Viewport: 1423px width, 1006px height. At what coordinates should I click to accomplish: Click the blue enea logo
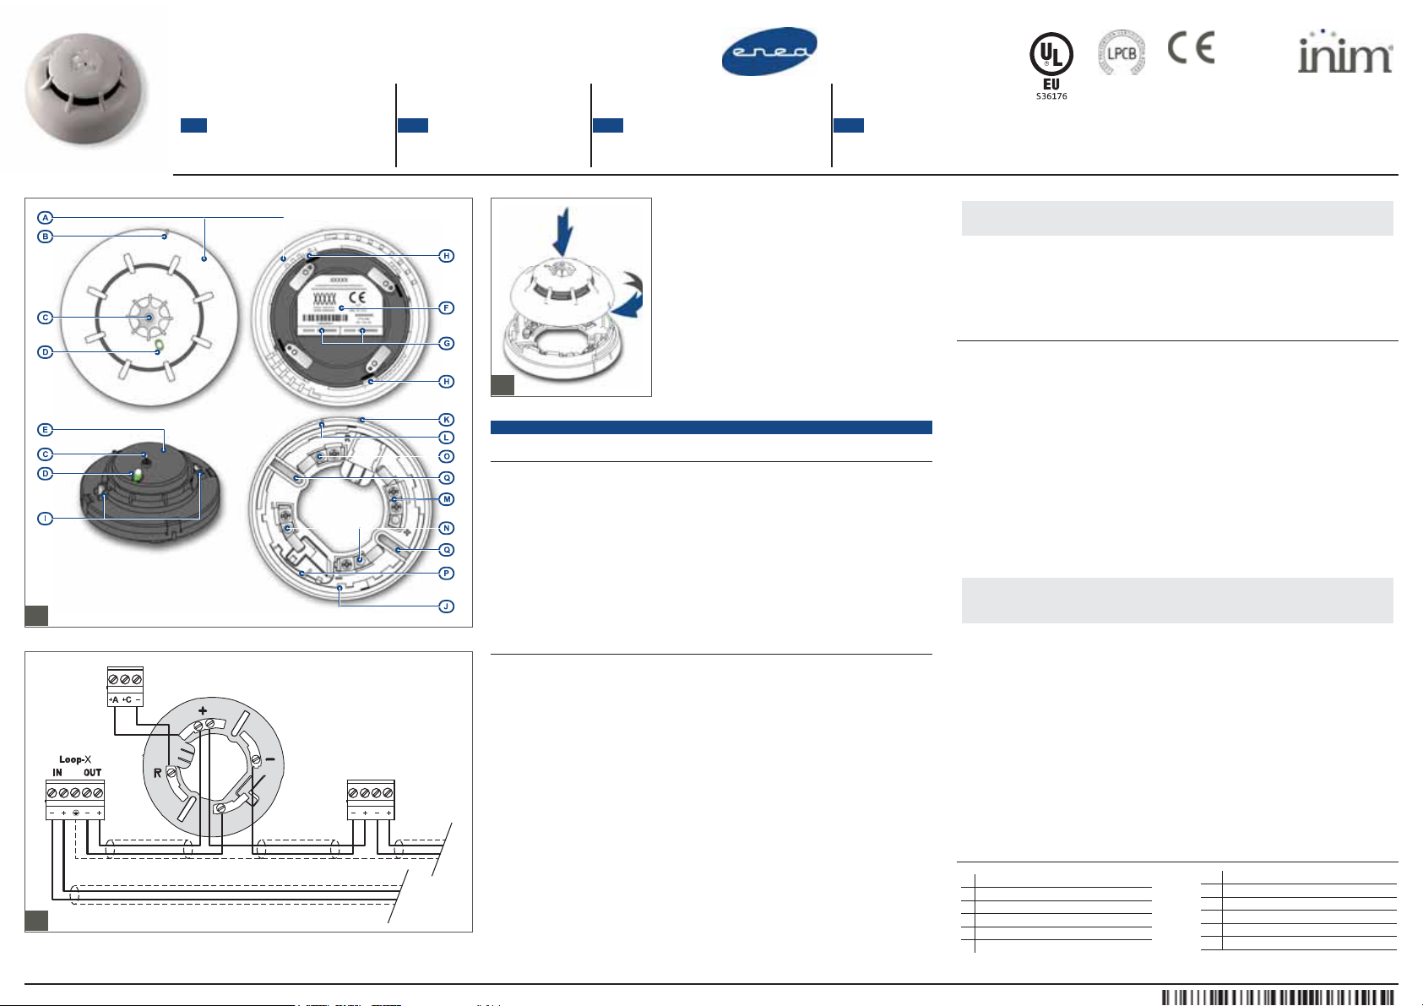[769, 52]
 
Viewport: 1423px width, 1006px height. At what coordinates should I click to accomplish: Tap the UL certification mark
[1051, 56]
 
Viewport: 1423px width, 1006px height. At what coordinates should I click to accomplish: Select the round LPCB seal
[1121, 53]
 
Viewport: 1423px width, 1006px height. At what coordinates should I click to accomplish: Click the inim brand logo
[1344, 54]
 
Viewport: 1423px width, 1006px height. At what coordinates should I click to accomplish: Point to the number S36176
[1051, 96]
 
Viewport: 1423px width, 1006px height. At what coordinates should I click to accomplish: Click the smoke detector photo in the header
[84, 89]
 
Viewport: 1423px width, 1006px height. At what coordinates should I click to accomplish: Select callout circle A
[46, 218]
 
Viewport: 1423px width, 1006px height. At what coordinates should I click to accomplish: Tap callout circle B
[46, 237]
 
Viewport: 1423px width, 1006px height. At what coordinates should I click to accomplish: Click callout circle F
[447, 308]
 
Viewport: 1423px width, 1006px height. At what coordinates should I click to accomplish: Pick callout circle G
[447, 344]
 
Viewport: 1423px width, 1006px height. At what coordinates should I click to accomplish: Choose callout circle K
[447, 420]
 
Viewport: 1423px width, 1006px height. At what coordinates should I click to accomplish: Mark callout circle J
[447, 606]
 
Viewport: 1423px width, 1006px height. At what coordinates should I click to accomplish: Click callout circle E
[46, 430]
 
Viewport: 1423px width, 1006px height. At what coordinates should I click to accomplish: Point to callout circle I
[46, 518]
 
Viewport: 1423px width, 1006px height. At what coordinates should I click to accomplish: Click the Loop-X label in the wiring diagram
[75, 759]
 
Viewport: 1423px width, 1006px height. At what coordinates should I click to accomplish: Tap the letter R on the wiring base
[157, 773]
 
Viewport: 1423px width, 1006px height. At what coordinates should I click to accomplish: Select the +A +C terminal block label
[125, 699]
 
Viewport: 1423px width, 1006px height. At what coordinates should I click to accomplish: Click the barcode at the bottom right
[1277, 998]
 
